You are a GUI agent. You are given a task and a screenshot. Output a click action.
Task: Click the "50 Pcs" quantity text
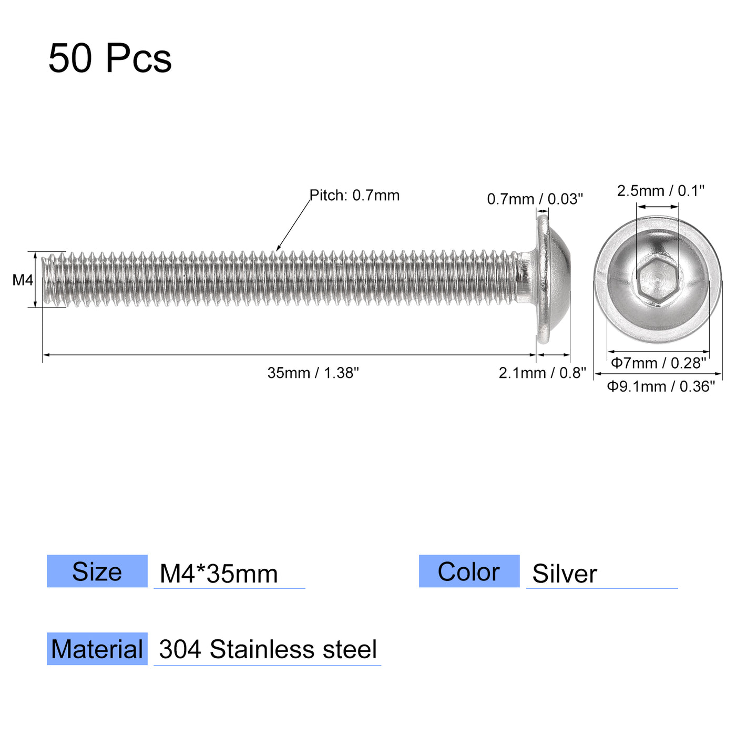110,58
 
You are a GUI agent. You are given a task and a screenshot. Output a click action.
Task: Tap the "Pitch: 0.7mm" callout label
354,196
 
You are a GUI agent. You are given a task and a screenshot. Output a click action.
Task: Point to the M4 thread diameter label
23,280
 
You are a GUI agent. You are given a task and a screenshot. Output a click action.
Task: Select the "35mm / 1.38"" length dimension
313,373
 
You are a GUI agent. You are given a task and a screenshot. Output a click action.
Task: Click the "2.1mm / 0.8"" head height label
542,373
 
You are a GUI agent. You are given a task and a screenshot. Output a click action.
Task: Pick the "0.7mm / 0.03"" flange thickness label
535,199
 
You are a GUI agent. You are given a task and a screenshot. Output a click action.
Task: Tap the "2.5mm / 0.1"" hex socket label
660,191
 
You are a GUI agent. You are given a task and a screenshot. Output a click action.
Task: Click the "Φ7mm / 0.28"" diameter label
658,363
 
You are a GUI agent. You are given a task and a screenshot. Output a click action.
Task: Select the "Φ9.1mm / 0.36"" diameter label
661,386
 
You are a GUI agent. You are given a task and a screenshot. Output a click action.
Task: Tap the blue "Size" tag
97,571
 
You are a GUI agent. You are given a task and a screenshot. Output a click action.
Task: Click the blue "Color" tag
469,571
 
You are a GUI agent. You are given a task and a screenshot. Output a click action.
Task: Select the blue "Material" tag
97,649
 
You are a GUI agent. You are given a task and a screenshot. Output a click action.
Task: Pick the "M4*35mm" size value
219,574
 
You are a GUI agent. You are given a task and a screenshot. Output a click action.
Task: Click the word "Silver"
565,574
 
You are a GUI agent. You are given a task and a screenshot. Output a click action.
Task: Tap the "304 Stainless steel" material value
268,650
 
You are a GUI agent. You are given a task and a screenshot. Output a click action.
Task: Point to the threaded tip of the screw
50,280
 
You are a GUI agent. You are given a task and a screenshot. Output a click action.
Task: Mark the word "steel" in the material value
350,650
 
